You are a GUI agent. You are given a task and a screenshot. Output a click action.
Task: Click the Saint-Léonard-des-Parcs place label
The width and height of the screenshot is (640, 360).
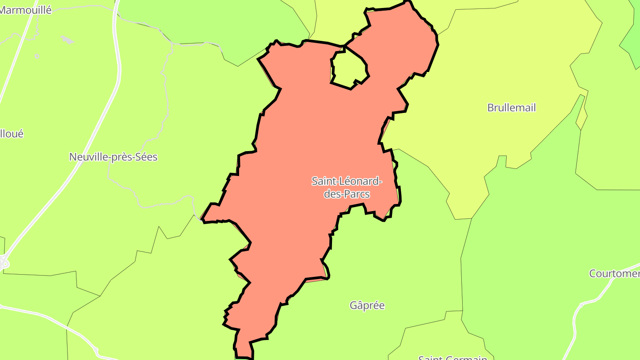click(x=347, y=187)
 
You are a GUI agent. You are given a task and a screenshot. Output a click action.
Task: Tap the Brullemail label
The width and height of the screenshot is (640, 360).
click(x=512, y=108)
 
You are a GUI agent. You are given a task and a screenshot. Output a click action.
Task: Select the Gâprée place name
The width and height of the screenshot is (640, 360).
click(x=367, y=305)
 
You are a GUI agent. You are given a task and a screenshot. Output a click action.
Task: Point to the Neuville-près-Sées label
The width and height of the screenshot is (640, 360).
click(x=113, y=157)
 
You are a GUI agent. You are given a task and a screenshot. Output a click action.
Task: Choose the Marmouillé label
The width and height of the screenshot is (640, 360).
click(x=25, y=9)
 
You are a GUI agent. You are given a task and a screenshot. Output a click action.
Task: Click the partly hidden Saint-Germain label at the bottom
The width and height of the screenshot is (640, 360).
click(x=452, y=357)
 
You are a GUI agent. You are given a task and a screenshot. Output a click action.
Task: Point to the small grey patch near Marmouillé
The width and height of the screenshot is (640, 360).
click(x=67, y=40)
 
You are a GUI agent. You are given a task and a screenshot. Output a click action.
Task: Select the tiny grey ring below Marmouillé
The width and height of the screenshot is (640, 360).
click(x=37, y=56)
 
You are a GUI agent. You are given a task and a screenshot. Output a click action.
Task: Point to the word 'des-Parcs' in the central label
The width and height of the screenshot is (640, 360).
click(x=347, y=194)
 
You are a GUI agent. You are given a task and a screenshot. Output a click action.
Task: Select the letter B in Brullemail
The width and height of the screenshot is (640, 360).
click(x=491, y=108)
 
